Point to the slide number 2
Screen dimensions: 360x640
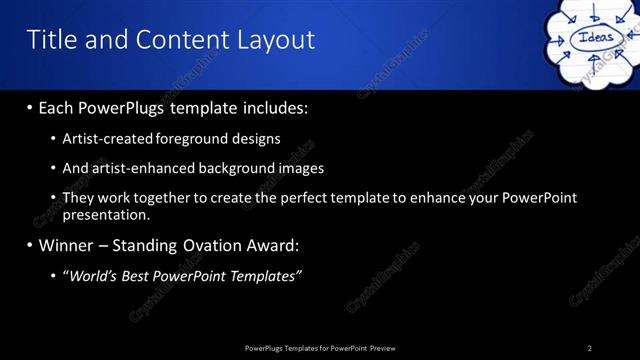589,347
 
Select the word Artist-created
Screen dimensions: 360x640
108,139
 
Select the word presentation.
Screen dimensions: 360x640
106,214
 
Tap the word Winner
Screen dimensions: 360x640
65,245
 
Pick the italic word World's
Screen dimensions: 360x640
95,276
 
